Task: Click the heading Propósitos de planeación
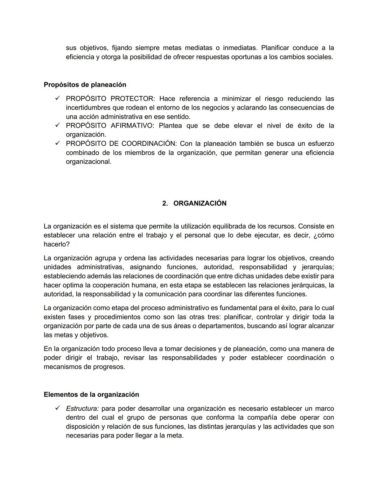point(85,85)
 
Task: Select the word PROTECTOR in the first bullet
point(132,99)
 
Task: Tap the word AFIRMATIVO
point(132,126)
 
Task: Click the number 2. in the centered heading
point(165,203)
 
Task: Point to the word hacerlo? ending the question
point(56,244)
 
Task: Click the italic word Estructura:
point(82,408)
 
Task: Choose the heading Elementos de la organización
point(91,394)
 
